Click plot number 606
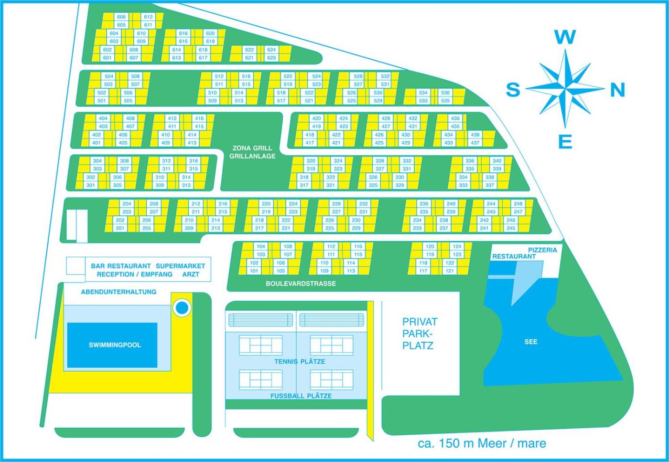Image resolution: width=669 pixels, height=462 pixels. click(x=121, y=17)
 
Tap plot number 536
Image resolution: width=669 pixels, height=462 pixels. click(x=445, y=93)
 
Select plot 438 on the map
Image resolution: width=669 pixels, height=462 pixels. click(x=475, y=135)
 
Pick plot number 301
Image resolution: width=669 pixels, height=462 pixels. click(x=90, y=185)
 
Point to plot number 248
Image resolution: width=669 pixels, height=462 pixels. click(x=518, y=204)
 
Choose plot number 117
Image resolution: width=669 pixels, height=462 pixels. click(x=423, y=271)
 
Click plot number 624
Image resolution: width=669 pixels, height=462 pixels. click(x=271, y=50)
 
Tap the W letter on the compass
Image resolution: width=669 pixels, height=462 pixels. click(x=565, y=38)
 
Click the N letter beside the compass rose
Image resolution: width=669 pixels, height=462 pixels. click(x=617, y=90)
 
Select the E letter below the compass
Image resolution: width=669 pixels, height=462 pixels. click(x=565, y=141)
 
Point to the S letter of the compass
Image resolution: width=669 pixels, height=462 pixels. click(x=513, y=89)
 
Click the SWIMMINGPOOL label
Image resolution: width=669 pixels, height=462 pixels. click(x=115, y=345)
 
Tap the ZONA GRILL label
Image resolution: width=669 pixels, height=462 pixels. click(x=252, y=148)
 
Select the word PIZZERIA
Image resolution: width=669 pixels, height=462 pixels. click(x=543, y=250)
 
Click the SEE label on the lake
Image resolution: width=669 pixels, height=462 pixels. click(x=531, y=342)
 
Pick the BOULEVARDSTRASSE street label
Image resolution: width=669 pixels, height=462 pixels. click(x=301, y=283)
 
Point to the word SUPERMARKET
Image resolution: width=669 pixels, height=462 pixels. click(x=181, y=266)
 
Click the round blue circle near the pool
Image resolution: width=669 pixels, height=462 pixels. click(x=182, y=307)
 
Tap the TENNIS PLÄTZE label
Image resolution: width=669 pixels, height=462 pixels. click(x=300, y=361)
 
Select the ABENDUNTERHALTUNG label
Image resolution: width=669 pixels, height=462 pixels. click(x=119, y=292)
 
